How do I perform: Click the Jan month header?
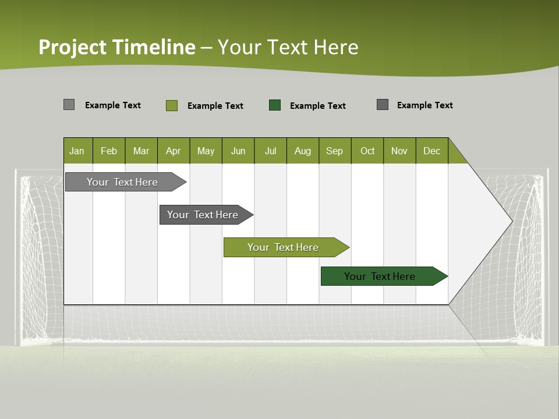point(77,151)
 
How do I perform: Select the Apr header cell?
point(174,151)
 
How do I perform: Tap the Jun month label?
point(238,151)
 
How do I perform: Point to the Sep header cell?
point(334,151)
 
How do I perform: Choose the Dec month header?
point(431,151)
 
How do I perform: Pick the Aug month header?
point(302,151)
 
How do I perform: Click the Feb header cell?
point(109,151)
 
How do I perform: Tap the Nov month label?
point(399,151)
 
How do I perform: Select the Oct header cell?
point(367,151)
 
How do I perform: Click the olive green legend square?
point(172,105)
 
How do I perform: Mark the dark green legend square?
point(275,105)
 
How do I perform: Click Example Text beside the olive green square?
point(215,106)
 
